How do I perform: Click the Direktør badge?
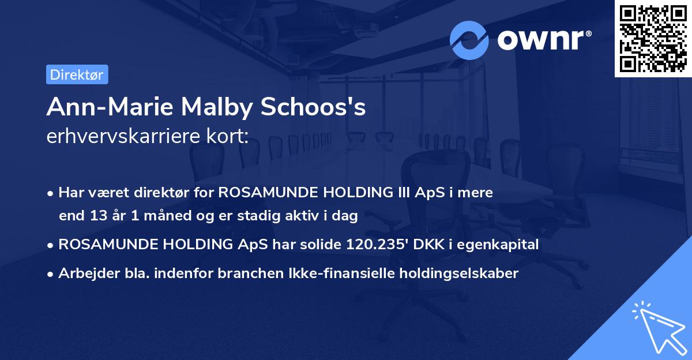(77, 74)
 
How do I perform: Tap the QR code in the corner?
(653, 38)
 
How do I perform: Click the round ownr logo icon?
(469, 40)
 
